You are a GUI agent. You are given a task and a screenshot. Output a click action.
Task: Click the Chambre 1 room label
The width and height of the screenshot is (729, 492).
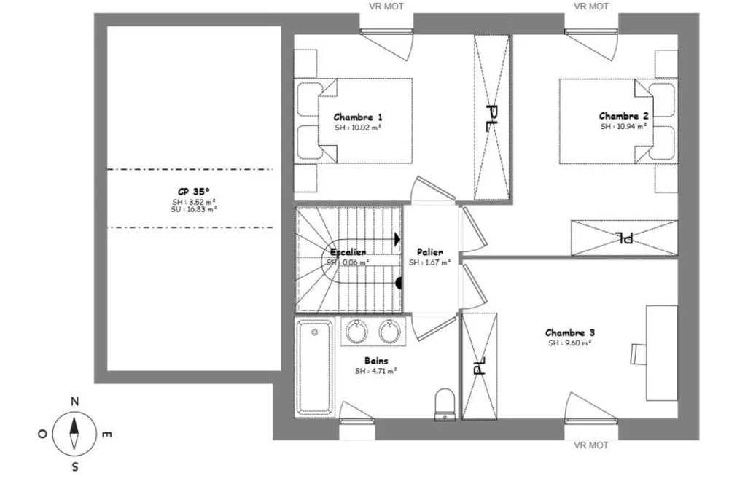[358, 117]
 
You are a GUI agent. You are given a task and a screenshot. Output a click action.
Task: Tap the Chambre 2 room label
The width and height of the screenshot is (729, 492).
[623, 116]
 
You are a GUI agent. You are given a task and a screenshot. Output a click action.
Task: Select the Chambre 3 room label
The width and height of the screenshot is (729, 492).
[569, 332]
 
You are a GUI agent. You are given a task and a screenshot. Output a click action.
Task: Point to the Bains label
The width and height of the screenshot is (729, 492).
[376, 360]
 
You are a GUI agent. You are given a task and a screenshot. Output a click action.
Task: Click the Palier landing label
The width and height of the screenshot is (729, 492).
[429, 252]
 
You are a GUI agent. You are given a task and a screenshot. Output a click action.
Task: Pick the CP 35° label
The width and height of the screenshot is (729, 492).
[193, 191]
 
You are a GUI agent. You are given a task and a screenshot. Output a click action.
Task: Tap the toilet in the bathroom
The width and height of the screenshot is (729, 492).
[445, 405]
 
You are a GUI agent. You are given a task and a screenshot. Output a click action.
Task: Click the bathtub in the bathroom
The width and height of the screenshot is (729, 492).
[315, 367]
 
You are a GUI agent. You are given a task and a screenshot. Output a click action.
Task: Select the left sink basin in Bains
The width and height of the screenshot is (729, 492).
[356, 332]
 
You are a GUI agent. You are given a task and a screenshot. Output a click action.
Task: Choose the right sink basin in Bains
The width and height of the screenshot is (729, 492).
[389, 332]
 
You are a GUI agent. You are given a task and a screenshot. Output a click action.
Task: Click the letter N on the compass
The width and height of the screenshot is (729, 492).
[74, 402]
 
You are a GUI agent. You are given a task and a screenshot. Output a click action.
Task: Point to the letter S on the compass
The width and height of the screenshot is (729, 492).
[75, 467]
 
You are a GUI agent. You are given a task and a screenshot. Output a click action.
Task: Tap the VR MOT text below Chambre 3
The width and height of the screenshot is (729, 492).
[591, 445]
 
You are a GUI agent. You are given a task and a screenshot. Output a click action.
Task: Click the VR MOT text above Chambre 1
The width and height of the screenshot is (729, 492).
[386, 7]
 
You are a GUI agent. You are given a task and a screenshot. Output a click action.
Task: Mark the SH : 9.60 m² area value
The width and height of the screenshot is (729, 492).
[569, 343]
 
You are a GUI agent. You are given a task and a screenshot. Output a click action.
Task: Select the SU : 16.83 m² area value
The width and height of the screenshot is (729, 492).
[193, 209]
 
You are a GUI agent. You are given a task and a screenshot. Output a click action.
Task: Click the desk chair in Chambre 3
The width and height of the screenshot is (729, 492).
[639, 354]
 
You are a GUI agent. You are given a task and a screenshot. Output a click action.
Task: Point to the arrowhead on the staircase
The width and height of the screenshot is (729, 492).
[397, 240]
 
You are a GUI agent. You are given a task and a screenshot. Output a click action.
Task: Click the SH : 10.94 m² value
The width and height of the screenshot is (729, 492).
[623, 127]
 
